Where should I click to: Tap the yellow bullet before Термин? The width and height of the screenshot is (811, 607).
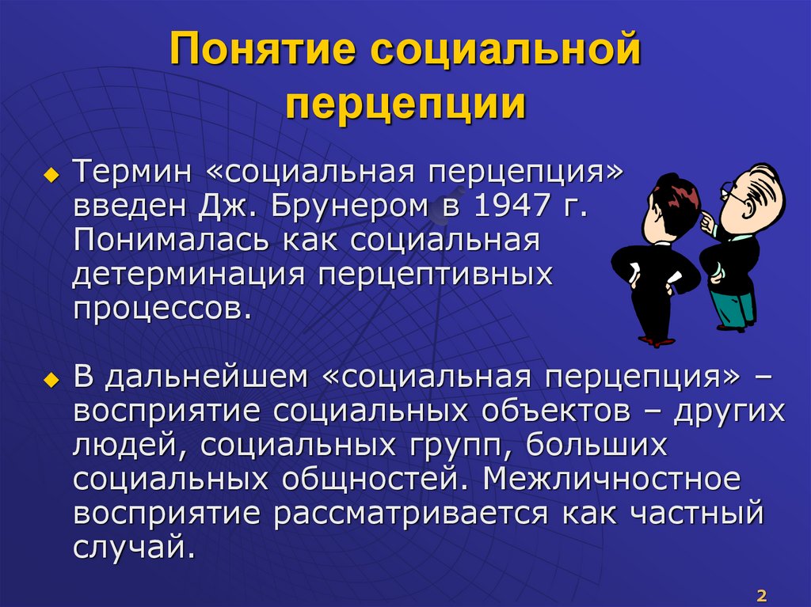pyautogui.click(x=53, y=174)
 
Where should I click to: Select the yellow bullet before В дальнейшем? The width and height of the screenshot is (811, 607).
pyautogui.click(x=53, y=379)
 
